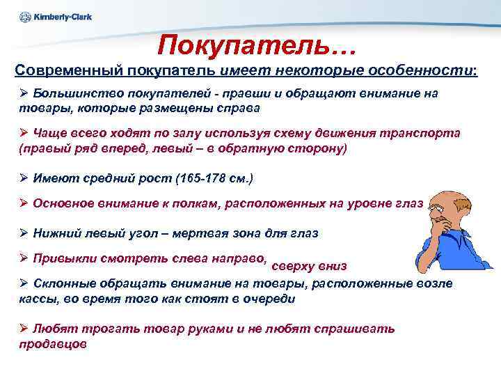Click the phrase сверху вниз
click(309, 266)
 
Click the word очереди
click(268, 299)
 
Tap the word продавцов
click(53, 344)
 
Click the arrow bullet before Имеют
click(23, 179)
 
